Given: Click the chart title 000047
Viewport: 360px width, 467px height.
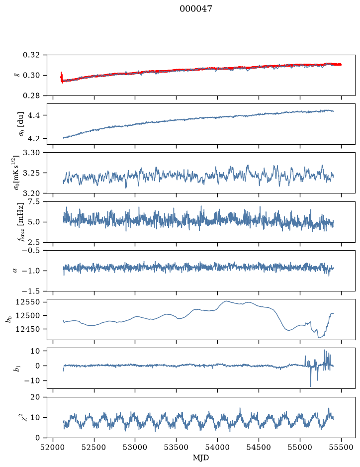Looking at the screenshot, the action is (195, 9).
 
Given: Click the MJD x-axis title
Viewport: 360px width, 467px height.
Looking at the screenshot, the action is (201, 457).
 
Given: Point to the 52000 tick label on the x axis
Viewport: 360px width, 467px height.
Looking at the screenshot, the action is (53, 447).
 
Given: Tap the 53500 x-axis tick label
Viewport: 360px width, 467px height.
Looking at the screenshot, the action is (177, 447).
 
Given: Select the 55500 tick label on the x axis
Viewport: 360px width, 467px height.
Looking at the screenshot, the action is (341, 447).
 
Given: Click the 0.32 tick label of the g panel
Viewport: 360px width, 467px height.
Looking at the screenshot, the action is (31, 55).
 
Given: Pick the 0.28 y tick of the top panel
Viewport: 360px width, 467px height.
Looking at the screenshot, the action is (31, 95).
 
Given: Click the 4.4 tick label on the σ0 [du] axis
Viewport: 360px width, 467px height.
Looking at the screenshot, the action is (34, 115).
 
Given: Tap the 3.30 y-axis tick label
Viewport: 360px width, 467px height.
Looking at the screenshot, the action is (31, 153).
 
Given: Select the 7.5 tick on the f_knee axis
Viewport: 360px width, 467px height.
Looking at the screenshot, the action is (34, 201).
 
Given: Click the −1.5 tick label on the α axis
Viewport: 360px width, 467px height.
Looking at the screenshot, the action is (29, 290).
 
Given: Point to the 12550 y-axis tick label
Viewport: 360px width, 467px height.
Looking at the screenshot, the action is (27, 302).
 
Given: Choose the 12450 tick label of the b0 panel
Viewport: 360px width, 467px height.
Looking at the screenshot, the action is (27, 329).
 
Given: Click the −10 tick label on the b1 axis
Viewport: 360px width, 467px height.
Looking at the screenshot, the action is (32, 380).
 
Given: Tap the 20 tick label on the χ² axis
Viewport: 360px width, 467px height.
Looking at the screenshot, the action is (35, 397).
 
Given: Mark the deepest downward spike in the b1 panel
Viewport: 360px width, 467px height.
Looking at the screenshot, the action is (311, 386).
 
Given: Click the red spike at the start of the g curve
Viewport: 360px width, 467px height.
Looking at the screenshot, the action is (61, 77).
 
